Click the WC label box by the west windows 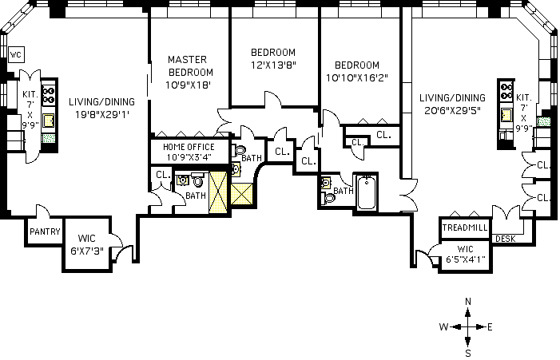16,55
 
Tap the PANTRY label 45,232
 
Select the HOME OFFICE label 189,147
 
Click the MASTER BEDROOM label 189,66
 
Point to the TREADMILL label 465,227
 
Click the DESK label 506,239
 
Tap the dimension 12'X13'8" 273,65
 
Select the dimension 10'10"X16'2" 357,77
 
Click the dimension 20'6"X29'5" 452,110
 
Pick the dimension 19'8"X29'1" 101,114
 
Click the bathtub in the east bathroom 367,192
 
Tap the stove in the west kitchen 49,95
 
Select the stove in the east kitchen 506,91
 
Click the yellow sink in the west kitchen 48,121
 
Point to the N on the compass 468,302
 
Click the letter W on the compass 443,326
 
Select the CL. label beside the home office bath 163,175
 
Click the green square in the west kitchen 49,138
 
